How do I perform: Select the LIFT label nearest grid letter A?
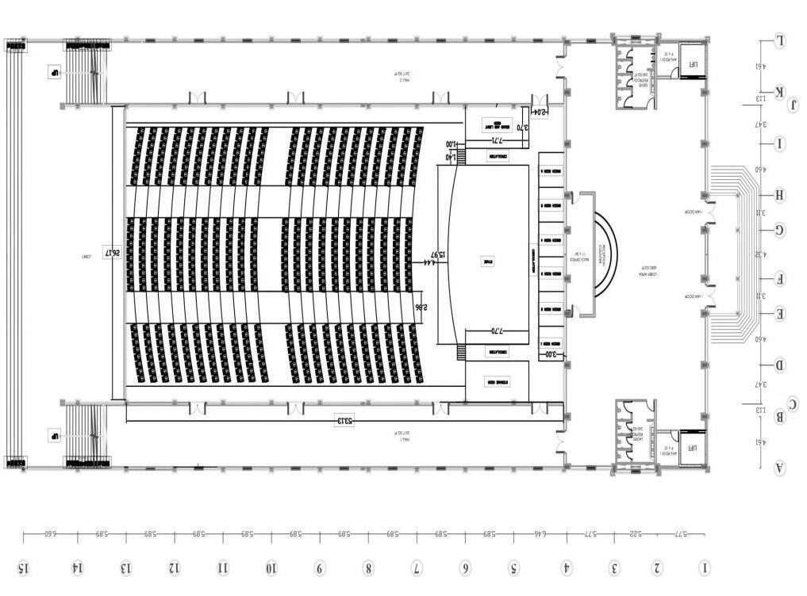tap(691, 448)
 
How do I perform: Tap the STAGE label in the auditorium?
tap(488, 261)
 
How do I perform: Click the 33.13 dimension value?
tap(344, 420)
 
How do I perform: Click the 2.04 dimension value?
tap(539, 113)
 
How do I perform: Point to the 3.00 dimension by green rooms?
tap(552, 354)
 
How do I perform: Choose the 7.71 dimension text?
tap(498, 140)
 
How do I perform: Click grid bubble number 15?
tap(24, 567)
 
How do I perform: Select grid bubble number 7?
tap(417, 567)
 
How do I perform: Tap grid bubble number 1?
tap(705, 567)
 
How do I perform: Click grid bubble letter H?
tap(780, 195)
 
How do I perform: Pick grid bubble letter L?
tap(780, 40)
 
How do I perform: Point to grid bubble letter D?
tap(780, 365)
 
